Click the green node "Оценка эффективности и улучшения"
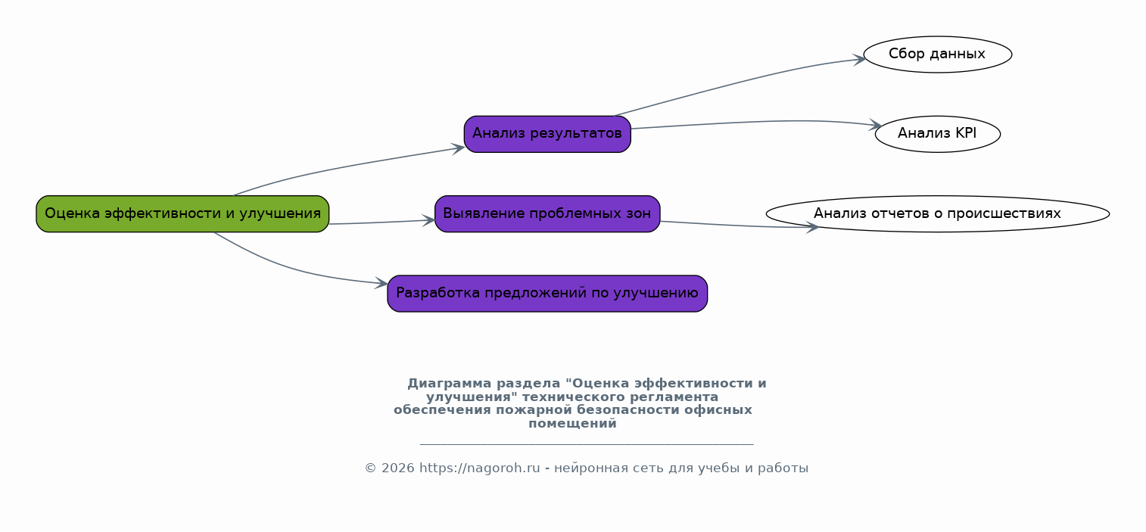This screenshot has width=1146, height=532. click(x=182, y=214)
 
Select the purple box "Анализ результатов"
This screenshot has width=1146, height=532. click(x=547, y=134)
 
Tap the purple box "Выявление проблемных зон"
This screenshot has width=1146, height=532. click(x=547, y=214)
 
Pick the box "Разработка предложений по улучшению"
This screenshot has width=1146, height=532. click(x=547, y=294)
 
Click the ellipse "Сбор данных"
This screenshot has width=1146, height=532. click(x=938, y=54)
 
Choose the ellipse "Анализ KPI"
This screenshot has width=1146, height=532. click(x=938, y=134)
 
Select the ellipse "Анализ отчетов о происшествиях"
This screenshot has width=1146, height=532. click(x=938, y=214)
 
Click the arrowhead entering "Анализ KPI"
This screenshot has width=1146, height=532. click(x=876, y=125)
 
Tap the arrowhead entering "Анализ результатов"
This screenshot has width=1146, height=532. click(x=459, y=149)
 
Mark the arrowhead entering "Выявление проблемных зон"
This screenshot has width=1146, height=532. click(x=428, y=221)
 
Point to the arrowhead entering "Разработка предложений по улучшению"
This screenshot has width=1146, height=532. click(x=381, y=283)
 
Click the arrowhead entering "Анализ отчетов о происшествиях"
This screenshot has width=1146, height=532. click(x=812, y=228)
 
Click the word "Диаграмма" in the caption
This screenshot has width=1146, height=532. click(x=450, y=384)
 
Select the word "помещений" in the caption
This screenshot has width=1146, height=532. click(x=572, y=424)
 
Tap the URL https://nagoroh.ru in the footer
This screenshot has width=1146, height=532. click(x=479, y=468)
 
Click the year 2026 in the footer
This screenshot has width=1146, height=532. click(x=397, y=468)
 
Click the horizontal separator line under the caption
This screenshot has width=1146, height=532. click(x=587, y=444)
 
